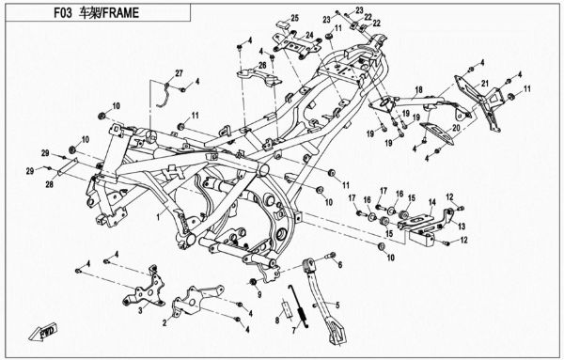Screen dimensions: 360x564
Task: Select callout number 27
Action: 178,73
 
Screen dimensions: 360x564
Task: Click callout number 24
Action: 306,35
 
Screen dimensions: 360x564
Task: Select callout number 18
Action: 420,88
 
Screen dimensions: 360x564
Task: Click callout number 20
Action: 454,129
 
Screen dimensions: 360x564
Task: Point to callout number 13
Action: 461,227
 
